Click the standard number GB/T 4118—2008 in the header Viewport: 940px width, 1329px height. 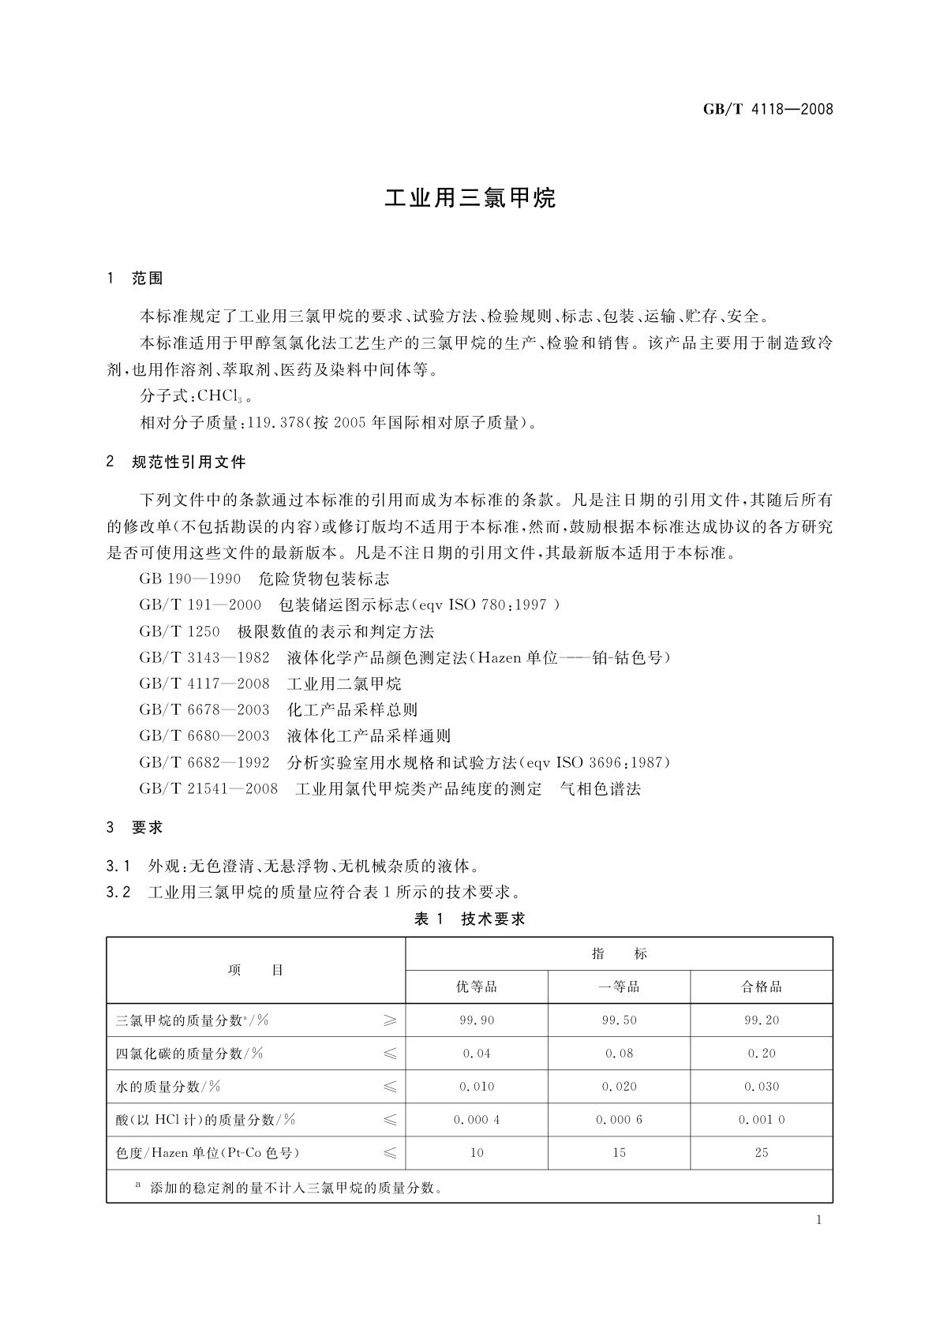pyautogui.click(x=767, y=110)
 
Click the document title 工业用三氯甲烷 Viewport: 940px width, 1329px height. pyautogui.click(x=470, y=198)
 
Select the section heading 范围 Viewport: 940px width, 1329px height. pyautogui.click(x=148, y=279)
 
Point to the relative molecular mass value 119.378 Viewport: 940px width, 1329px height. pyautogui.click(x=275, y=423)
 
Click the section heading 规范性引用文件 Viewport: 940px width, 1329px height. pyautogui.click(x=189, y=462)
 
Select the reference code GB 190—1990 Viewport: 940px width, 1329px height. pyautogui.click(x=189, y=579)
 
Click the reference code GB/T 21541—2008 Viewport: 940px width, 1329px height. pyautogui.click(x=208, y=788)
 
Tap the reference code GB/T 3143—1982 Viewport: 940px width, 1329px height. pyautogui.click(x=204, y=657)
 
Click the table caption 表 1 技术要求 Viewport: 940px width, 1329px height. pyautogui.click(x=470, y=919)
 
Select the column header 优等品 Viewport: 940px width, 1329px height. pyautogui.click(x=477, y=987)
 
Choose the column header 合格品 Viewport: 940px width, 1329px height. pyautogui.click(x=761, y=987)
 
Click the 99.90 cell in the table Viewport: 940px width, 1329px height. pyautogui.click(x=477, y=1020)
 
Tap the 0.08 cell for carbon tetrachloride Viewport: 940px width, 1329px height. pyautogui.click(x=619, y=1054)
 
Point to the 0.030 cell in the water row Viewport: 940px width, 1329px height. pyautogui.click(x=761, y=1087)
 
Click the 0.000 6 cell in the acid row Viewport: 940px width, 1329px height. pyautogui.click(x=619, y=1120)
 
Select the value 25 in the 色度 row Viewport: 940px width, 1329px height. pyautogui.click(x=761, y=1153)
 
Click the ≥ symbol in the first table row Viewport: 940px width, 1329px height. pyautogui.click(x=390, y=1020)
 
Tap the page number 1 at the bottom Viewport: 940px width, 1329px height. pyautogui.click(x=818, y=1220)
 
